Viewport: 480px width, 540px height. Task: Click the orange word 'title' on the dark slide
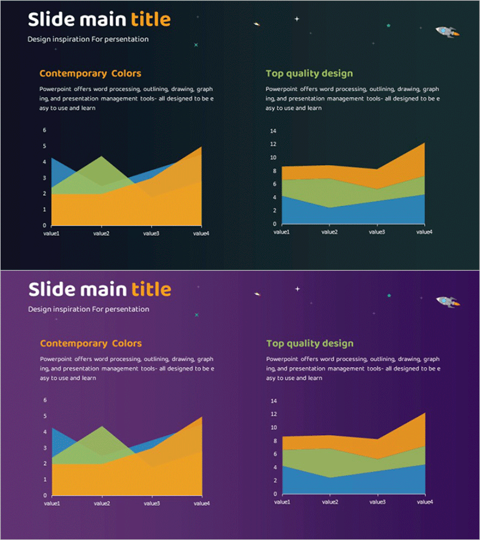(151, 20)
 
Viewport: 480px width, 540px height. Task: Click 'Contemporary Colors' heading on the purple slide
(91, 344)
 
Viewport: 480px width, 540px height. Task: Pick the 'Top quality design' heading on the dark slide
(309, 74)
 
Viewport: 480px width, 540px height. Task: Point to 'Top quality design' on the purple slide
(310, 344)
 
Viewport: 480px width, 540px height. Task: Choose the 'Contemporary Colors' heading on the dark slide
(90, 74)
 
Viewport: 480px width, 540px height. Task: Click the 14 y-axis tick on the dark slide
(273, 131)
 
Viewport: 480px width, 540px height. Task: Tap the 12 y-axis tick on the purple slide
(273, 414)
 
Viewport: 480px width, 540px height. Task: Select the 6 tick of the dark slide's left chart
(44, 130)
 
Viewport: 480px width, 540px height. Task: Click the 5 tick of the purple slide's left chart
(44, 416)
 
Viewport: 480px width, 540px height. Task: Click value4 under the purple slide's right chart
(425, 502)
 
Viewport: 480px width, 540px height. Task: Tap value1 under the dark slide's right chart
(281, 232)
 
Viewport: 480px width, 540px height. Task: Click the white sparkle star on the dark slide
(296, 19)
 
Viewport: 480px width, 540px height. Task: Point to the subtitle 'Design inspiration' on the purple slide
(88, 310)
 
